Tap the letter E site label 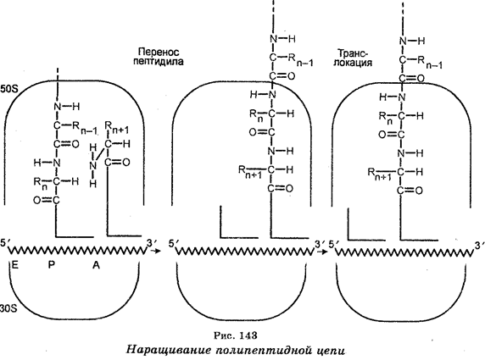14,264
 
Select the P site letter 51,264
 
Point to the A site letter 96,264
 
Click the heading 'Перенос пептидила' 158,56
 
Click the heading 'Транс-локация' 353,58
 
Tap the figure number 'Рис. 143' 236,335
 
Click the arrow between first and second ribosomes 155,251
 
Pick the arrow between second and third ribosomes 322,252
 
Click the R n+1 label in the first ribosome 117,127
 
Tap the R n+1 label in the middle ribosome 250,172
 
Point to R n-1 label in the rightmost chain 430,63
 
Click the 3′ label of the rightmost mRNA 479,246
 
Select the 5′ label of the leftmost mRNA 3,242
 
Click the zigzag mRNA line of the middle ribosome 245,252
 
